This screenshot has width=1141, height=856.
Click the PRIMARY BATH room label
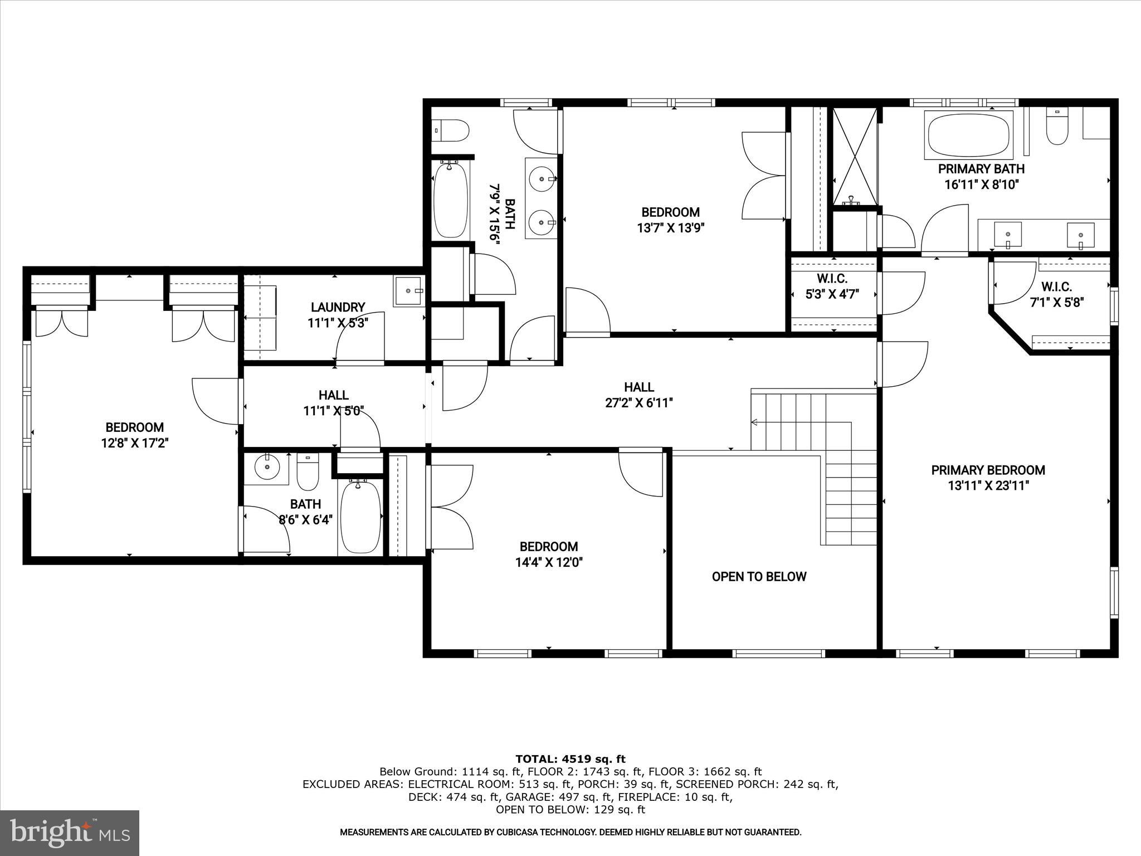981,168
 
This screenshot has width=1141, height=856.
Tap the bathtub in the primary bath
968,134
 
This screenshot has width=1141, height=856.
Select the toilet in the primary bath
1056,128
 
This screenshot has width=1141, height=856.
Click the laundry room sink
409,291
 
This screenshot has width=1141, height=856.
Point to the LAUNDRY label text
338,307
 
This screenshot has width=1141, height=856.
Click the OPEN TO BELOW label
759,577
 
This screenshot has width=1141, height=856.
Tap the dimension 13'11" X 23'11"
988,486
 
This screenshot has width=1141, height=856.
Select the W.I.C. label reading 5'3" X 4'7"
832,294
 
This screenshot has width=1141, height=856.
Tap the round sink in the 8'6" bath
268,467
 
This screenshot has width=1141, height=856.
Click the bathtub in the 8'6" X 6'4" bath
360,518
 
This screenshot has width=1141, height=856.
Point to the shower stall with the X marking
854,157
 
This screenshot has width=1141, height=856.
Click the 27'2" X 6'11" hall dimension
639,403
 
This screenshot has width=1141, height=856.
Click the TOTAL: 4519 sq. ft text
570,759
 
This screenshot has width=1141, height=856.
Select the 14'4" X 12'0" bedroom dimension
549,562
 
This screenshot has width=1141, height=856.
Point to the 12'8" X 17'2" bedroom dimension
134,443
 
